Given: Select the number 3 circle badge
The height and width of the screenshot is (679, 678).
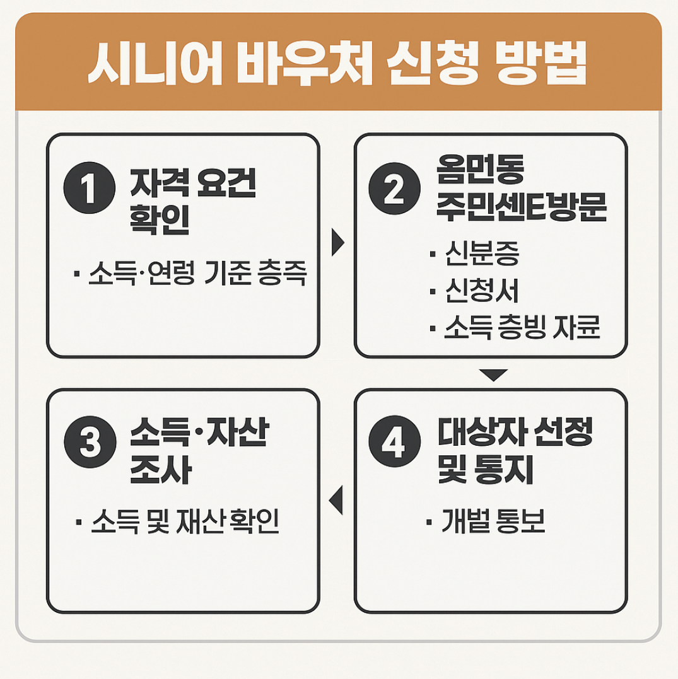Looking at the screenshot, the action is click(90, 441).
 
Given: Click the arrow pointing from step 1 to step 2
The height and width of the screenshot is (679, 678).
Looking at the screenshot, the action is click(337, 241).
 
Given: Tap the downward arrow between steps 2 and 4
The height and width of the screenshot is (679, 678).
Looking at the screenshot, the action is click(493, 374).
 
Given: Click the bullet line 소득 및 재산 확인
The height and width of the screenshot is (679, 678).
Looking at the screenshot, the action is click(185, 524).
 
